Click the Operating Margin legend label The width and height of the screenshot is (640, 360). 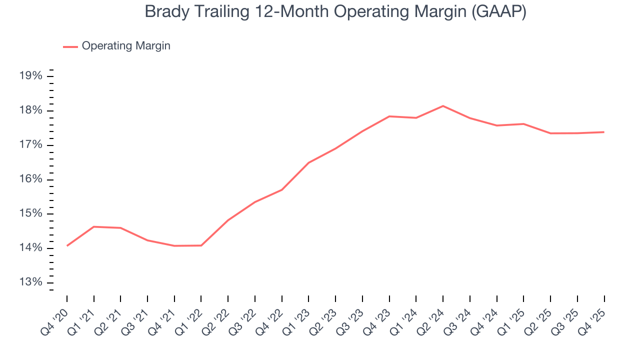tap(126, 46)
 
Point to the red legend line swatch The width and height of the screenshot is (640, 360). tap(70, 46)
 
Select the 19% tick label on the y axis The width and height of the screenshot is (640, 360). tap(30, 76)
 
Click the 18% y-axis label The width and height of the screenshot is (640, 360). tap(30, 110)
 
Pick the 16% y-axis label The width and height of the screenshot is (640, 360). tap(30, 179)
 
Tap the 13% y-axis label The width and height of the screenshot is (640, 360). tap(30, 282)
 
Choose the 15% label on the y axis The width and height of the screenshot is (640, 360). tap(30, 214)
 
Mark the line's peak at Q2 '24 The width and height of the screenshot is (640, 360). tap(443, 106)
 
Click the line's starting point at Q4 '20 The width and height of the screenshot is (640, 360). tap(67, 245)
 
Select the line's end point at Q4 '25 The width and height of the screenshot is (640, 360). tap(604, 132)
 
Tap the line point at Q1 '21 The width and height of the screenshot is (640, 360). tap(94, 226)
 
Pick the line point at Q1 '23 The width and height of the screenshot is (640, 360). tap(308, 162)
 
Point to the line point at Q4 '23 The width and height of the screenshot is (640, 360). tap(389, 116)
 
